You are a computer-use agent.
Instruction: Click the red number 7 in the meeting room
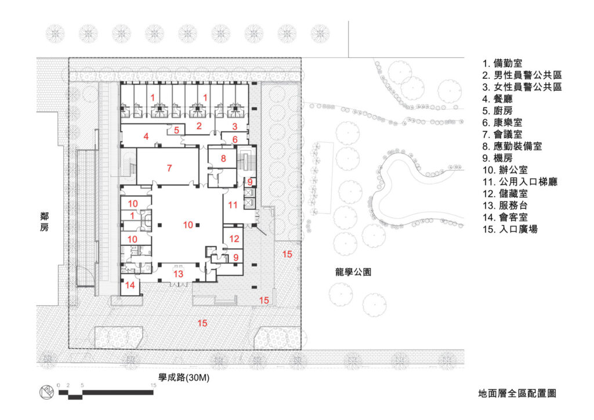tap(169, 168)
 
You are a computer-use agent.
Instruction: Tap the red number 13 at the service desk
tap(179, 274)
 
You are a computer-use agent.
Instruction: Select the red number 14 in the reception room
tap(131, 285)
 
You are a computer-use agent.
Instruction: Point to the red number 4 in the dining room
tap(146, 137)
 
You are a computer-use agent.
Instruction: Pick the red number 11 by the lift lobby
tap(233, 204)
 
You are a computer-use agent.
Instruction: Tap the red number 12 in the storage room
tap(234, 238)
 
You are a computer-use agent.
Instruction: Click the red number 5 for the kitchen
tap(176, 130)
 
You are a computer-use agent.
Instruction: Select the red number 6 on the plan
tap(235, 139)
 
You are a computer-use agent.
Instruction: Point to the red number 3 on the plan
tap(235, 126)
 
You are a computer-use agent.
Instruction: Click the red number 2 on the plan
tap(198, 126)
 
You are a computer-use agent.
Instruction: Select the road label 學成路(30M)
tap(183, 378)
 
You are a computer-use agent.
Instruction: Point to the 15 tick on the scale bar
tap(153, 385)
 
